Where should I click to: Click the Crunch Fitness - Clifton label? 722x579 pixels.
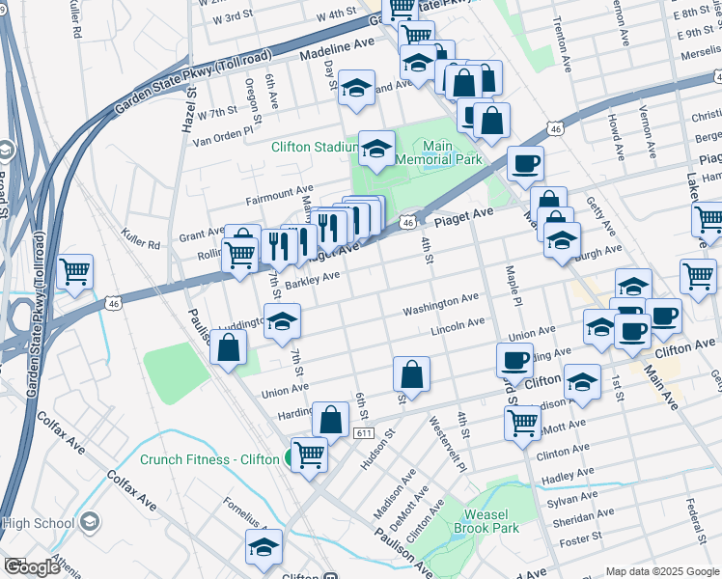coord(208,459)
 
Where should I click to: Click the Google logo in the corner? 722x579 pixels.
coord(32,567)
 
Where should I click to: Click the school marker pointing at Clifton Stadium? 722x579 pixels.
coord(376,150)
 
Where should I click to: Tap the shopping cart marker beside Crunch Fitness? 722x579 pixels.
coord(309,453)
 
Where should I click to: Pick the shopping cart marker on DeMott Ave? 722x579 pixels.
coord(522,422)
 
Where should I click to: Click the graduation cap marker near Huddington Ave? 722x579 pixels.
coord(282,322)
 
